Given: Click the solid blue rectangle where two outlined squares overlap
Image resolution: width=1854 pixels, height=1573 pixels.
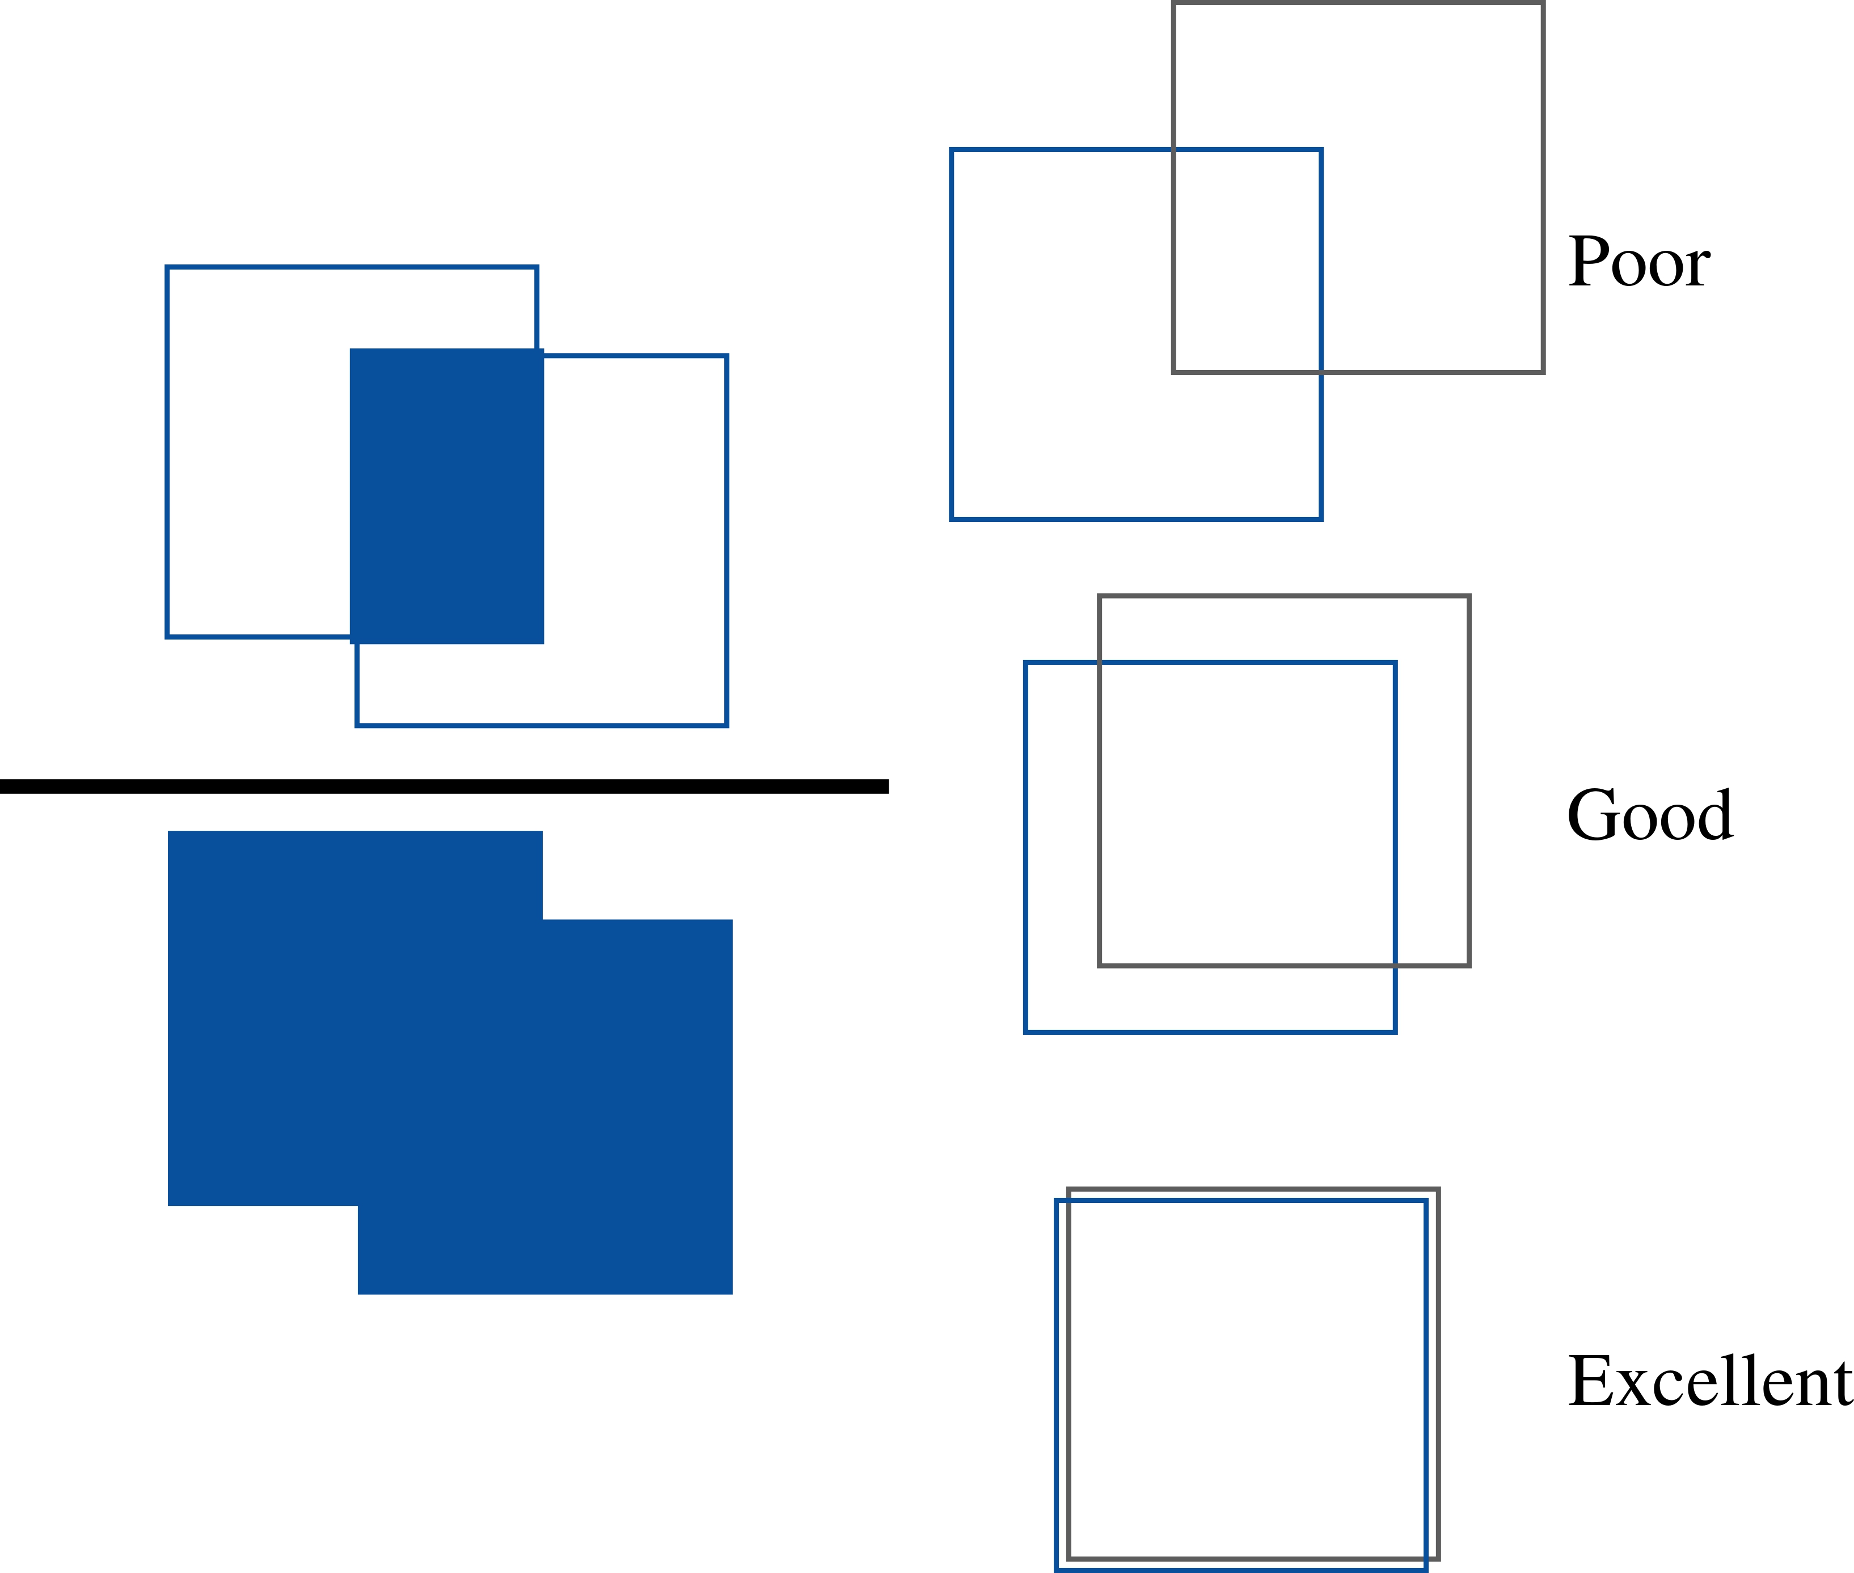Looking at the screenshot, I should [x=446, y=496].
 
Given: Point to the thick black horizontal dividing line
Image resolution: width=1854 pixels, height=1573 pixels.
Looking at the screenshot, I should [x=444, y=785].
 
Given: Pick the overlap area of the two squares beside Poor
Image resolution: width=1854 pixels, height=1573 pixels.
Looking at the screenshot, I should [x=1247, y=260].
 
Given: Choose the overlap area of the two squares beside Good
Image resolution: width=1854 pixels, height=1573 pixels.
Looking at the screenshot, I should [x=1247, y=813].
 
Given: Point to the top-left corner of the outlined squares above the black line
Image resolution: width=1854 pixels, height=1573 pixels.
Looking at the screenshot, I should [x=167, y=267].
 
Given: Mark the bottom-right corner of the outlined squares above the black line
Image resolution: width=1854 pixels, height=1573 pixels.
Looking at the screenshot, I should [x=727, y=725].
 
